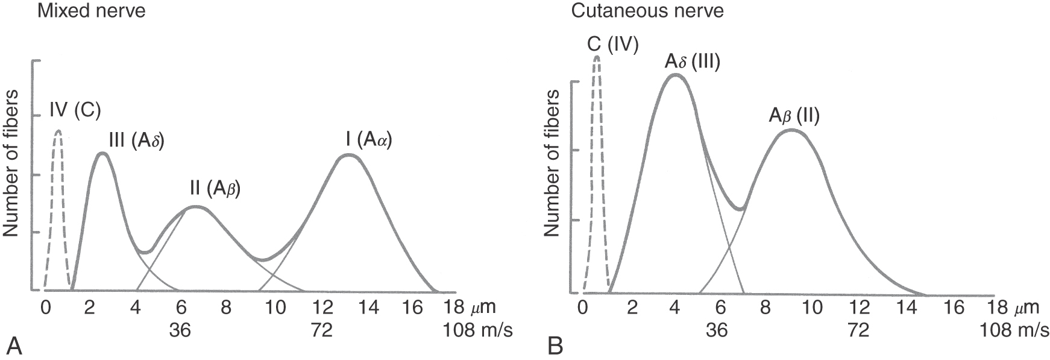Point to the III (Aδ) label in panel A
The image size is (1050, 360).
137,141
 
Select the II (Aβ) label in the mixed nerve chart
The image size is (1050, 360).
215,189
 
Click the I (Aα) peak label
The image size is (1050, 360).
368,141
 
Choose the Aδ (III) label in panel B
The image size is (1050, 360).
693,62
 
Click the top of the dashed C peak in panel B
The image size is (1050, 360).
597,57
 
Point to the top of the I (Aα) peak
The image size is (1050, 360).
348,155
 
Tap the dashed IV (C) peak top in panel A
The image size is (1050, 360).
58,131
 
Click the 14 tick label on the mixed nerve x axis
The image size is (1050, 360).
369,308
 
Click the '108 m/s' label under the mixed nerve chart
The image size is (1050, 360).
478,330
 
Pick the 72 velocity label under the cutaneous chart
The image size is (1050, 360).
858,330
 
